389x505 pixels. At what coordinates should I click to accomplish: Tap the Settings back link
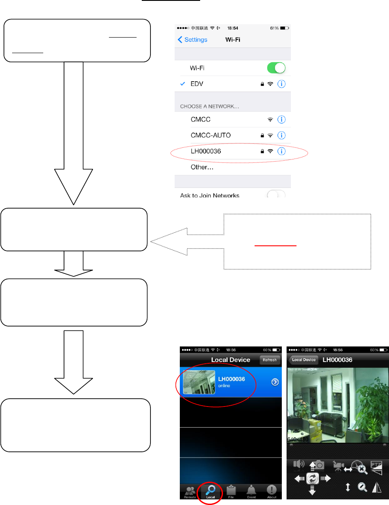pos(193,40)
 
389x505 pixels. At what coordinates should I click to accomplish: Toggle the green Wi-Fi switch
pos(277,68)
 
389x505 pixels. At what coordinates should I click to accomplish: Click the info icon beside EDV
pos(281,84)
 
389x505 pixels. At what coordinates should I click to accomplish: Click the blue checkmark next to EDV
pos(183,84)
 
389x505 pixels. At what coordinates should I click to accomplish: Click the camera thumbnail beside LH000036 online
pos(199,382)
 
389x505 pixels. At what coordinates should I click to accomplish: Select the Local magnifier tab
pos(210,491)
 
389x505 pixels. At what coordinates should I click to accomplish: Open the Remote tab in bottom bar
pos(190,492)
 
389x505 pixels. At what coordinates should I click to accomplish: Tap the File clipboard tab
pos(231,491)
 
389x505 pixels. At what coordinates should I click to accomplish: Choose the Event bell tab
pos(251,491)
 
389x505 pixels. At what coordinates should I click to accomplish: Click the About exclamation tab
pos(271,491)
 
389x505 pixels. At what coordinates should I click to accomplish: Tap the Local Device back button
pos(303,360)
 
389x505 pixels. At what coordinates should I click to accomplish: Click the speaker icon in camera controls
pos(298,464)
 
